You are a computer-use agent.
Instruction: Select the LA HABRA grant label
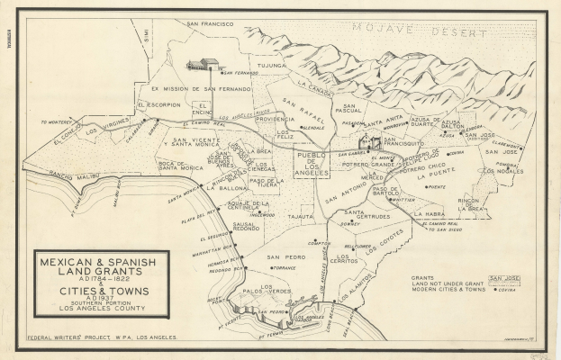tap(429, 214)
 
